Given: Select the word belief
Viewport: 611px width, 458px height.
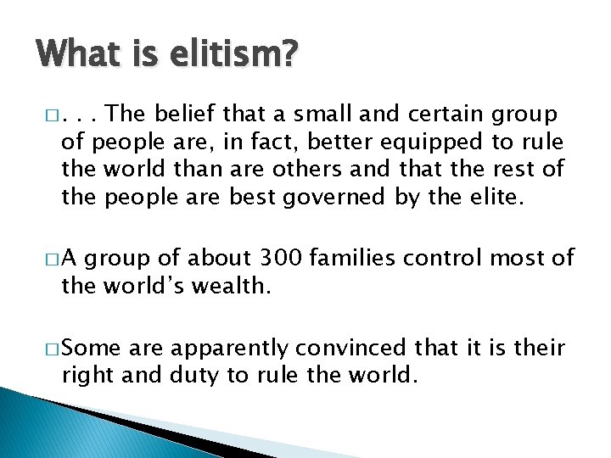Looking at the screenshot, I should tap(187, 114).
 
